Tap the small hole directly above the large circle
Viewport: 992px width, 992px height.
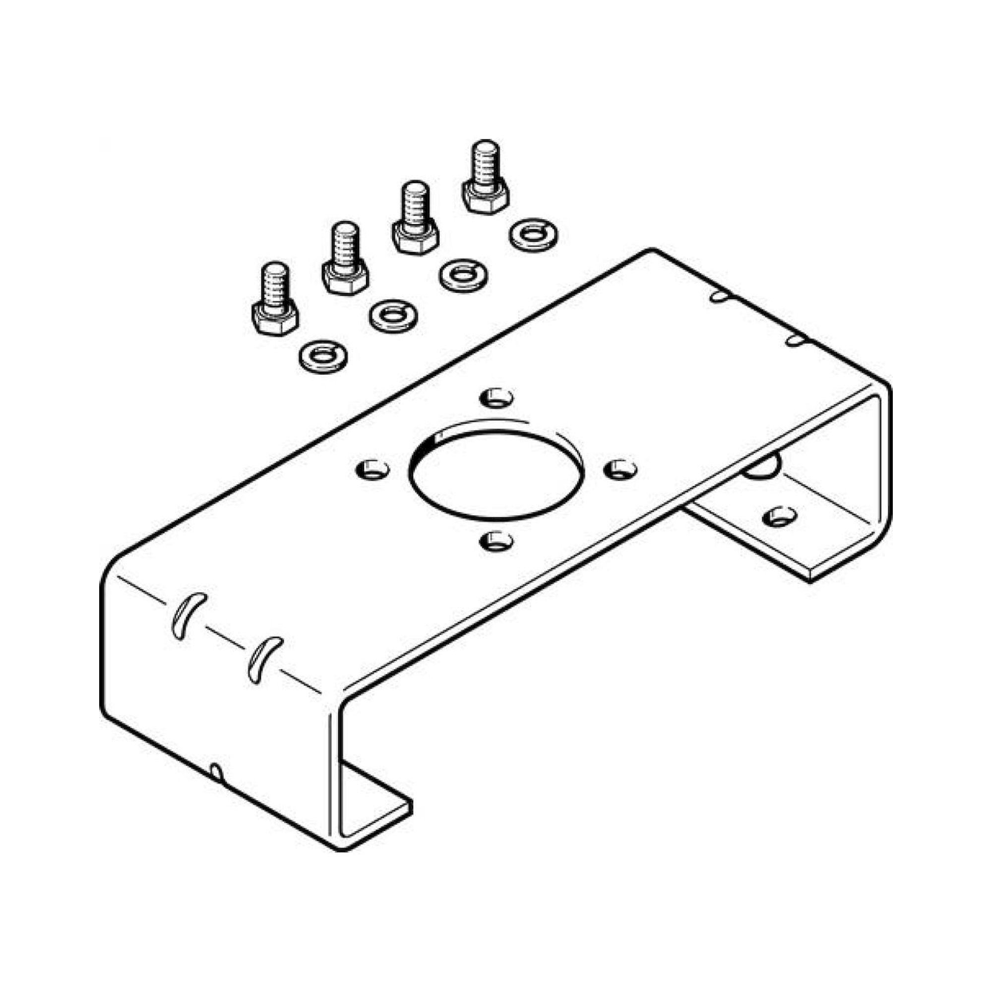496,396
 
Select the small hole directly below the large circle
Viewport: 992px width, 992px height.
496,540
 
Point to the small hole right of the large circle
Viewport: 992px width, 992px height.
621,468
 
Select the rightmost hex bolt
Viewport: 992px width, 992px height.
486,179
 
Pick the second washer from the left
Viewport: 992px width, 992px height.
393,315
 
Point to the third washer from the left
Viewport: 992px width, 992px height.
464,275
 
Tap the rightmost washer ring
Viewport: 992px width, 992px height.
534,236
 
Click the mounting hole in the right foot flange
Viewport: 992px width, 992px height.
779,516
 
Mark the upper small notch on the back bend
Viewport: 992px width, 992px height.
719,296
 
